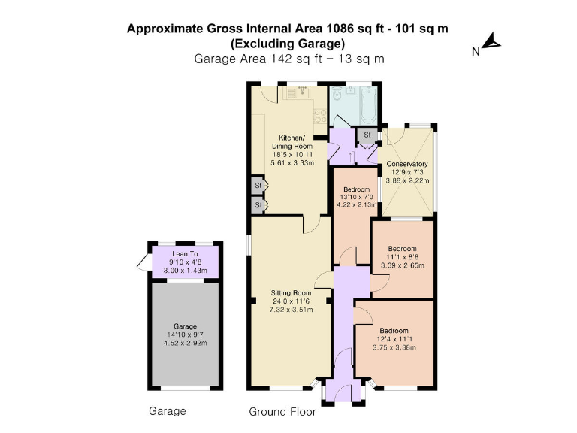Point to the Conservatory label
tap(407, 164)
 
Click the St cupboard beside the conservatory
tap(367, 135)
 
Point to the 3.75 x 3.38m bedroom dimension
tap(394, 348)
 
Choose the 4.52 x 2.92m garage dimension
tap(185, 344)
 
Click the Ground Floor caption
tap(282, 412)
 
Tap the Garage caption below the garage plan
tap(167, 411)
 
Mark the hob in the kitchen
tap(319, 117)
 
